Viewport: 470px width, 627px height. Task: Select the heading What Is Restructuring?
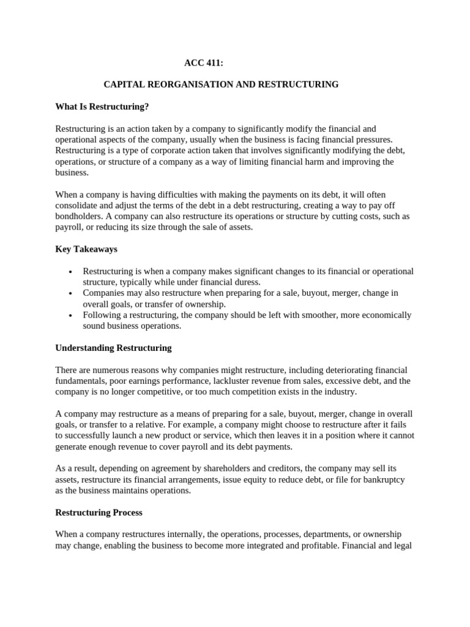102,107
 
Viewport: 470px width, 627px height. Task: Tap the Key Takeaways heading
86,249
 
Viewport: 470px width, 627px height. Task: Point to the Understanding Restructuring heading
113,348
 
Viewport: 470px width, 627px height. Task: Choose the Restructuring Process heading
99,512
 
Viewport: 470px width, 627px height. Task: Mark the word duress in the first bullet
248,282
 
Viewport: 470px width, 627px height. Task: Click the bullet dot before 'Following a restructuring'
72,316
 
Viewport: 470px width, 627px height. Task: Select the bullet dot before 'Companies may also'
72,294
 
